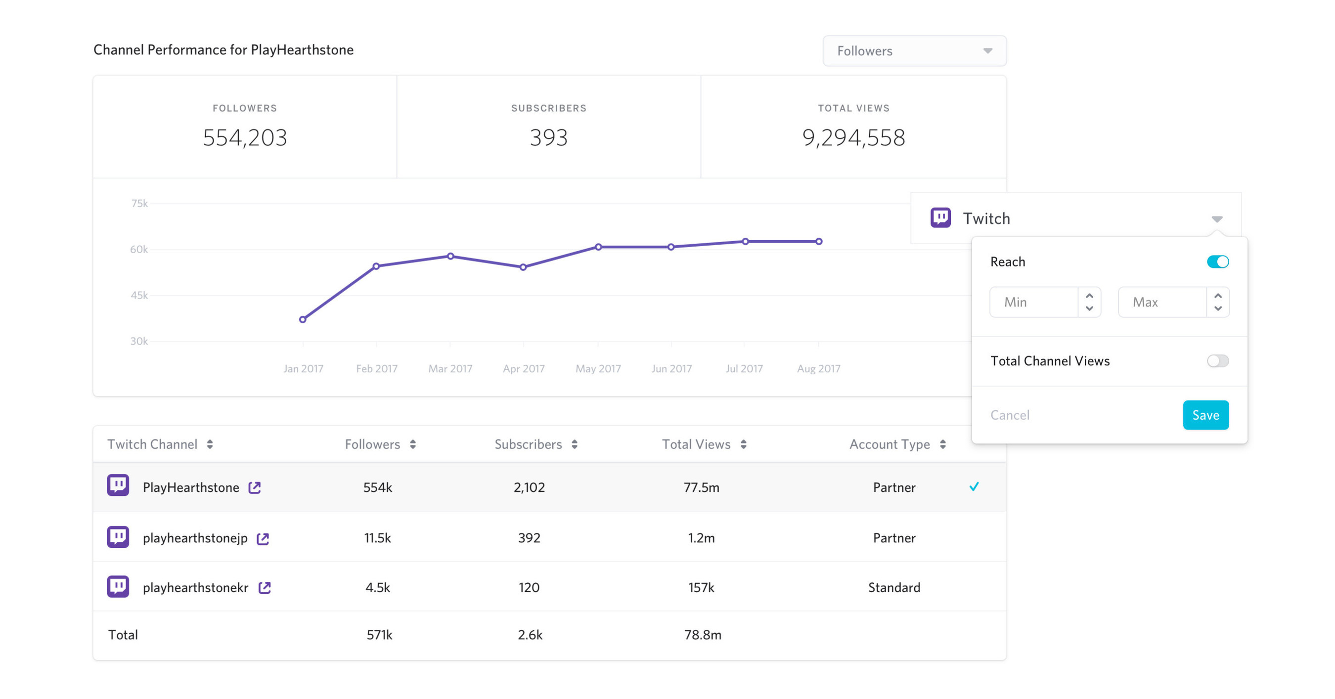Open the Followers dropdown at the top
coord(914,51)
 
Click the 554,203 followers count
coord(245,138)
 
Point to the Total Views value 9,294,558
coord(853,138)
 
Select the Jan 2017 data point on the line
coord(303,320)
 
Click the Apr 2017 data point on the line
coord(523,267)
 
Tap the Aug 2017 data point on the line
coord(819,241)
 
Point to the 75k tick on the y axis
coord(139,204)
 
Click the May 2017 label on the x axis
coord(598,368)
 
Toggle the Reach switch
coord(1217,262)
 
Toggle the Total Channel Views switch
coord(1217,361)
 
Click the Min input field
coord(1033,302)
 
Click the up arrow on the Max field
coord(1218,296)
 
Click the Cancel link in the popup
coord(1010,415)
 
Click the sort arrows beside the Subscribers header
coord(574,444)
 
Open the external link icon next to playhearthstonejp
coord(263,539)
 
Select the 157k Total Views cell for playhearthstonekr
coord(701,588)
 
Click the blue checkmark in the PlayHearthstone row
coord(974,486)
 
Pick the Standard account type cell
coord(894,588)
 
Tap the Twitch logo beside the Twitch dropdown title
coord(940,218)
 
